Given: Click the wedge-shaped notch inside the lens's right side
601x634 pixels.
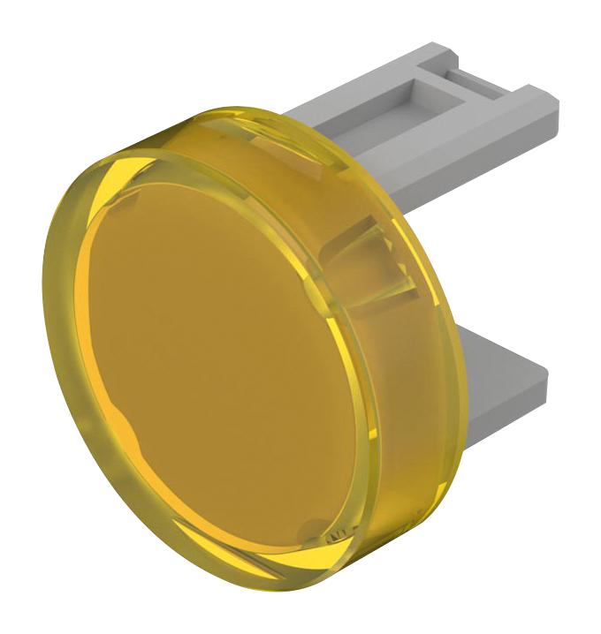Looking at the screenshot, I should [x=371, y=256].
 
